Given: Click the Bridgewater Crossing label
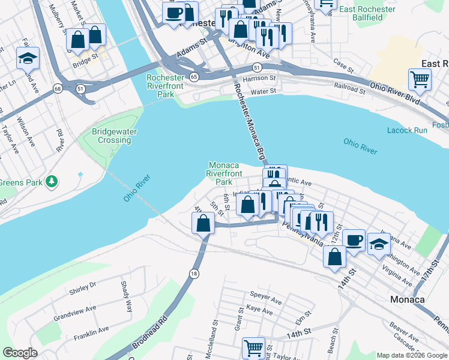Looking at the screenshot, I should [x=111, y=136].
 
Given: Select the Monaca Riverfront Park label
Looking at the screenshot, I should [x=223, y=173].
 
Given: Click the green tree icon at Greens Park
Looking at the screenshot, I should [x=52, y=180].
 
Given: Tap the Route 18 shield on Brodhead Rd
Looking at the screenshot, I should [x=193, y=273].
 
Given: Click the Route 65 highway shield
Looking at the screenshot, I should [x=193, y=77].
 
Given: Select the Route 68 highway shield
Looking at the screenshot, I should [x=58, y=89].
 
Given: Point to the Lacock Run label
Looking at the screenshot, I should [x=408, y=130].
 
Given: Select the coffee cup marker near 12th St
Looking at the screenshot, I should [x=354, y=239].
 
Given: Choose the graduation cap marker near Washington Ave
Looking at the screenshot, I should [x=379, y=244].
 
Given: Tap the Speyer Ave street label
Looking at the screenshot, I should [x=266, y=297].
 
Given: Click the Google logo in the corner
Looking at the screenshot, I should [x=20, y=353].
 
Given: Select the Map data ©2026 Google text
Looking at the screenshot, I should [x=411, y=355].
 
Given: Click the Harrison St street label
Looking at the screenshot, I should [x=259, y=78].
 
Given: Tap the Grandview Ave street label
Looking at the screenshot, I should [x=74, y=312].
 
